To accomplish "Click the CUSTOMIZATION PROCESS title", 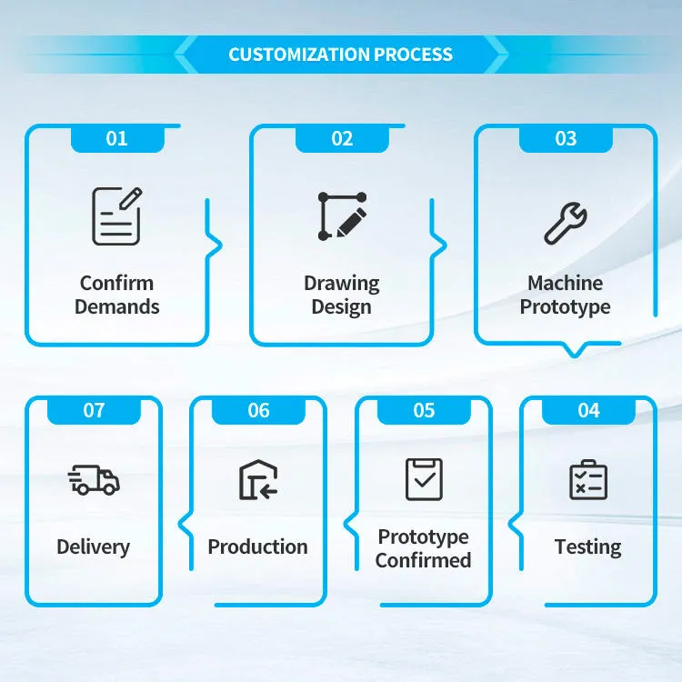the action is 341,55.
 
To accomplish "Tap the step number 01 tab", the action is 117,139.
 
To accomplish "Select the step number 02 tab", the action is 342,139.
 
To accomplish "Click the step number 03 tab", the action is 566,139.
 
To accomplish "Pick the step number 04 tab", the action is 588,410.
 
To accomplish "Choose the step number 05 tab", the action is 424,410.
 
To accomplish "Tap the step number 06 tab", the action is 258,410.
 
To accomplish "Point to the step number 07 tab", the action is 94,410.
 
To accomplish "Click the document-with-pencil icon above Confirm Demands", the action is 116,216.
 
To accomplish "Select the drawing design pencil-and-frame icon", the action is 342,216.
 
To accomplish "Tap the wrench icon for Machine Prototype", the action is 566,223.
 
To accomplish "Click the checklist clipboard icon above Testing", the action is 588,480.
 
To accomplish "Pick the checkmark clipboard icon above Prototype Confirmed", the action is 424,479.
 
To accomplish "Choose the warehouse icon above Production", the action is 258,480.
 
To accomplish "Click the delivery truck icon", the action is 94,480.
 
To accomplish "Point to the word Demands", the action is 117,306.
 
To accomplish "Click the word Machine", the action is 566,283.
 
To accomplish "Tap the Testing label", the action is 588,547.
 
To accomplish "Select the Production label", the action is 258,547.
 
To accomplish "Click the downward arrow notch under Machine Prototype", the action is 575,350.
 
